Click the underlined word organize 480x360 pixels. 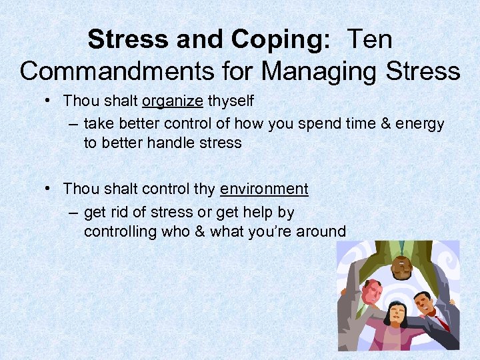click(x=172, y=101)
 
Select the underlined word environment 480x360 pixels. click(x=264, y=189)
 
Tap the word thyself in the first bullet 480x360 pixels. click(x=231, y=101)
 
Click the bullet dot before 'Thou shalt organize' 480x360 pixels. click(x=50, y=101)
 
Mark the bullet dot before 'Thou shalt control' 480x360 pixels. click(x=50, y=189)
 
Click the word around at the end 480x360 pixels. click(x=323, y=232)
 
